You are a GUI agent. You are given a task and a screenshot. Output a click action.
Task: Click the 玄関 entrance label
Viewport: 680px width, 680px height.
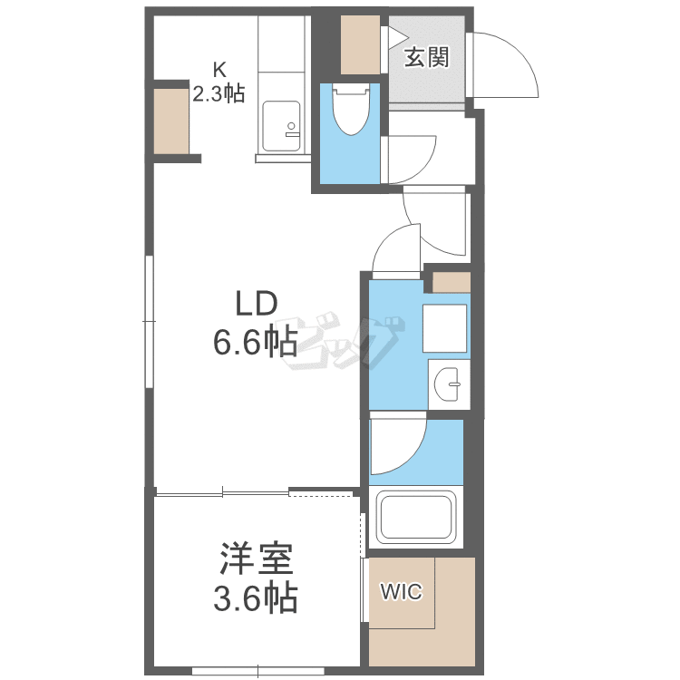click(x=426, y=57)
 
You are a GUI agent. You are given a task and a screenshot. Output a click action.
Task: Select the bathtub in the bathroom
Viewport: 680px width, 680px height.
click(x=416, y=518)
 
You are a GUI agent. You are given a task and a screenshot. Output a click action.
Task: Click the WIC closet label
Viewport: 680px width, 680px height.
click(x=401, y=591)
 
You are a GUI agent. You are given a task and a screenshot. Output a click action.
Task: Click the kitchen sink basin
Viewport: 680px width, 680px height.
click(x=281, y=126)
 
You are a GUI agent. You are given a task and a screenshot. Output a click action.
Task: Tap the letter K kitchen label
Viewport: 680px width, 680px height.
click(x=219, y=70)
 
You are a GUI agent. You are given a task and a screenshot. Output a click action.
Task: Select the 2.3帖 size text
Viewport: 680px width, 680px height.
click(x=219, y=93)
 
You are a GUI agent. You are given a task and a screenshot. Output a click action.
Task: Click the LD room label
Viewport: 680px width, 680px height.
click(x=257, y=304)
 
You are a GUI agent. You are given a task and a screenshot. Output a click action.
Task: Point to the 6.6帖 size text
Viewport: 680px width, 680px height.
click(x=256, y=342)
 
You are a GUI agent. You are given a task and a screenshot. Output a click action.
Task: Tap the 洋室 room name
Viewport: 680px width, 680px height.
click(x=257, y=559)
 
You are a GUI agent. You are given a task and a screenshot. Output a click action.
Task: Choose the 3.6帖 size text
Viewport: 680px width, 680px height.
click(x=256, y=597)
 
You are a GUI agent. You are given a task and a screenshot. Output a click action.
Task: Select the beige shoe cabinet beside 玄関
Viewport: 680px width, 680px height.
click(x=360, y=44)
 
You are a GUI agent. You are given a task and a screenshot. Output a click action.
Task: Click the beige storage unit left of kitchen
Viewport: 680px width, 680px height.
click(x=171, y=121)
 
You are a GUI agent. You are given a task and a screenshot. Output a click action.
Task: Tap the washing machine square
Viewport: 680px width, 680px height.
click(x=444, y=328)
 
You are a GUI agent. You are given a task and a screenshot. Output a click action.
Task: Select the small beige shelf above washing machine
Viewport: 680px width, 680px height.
click(x=452, y=282)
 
